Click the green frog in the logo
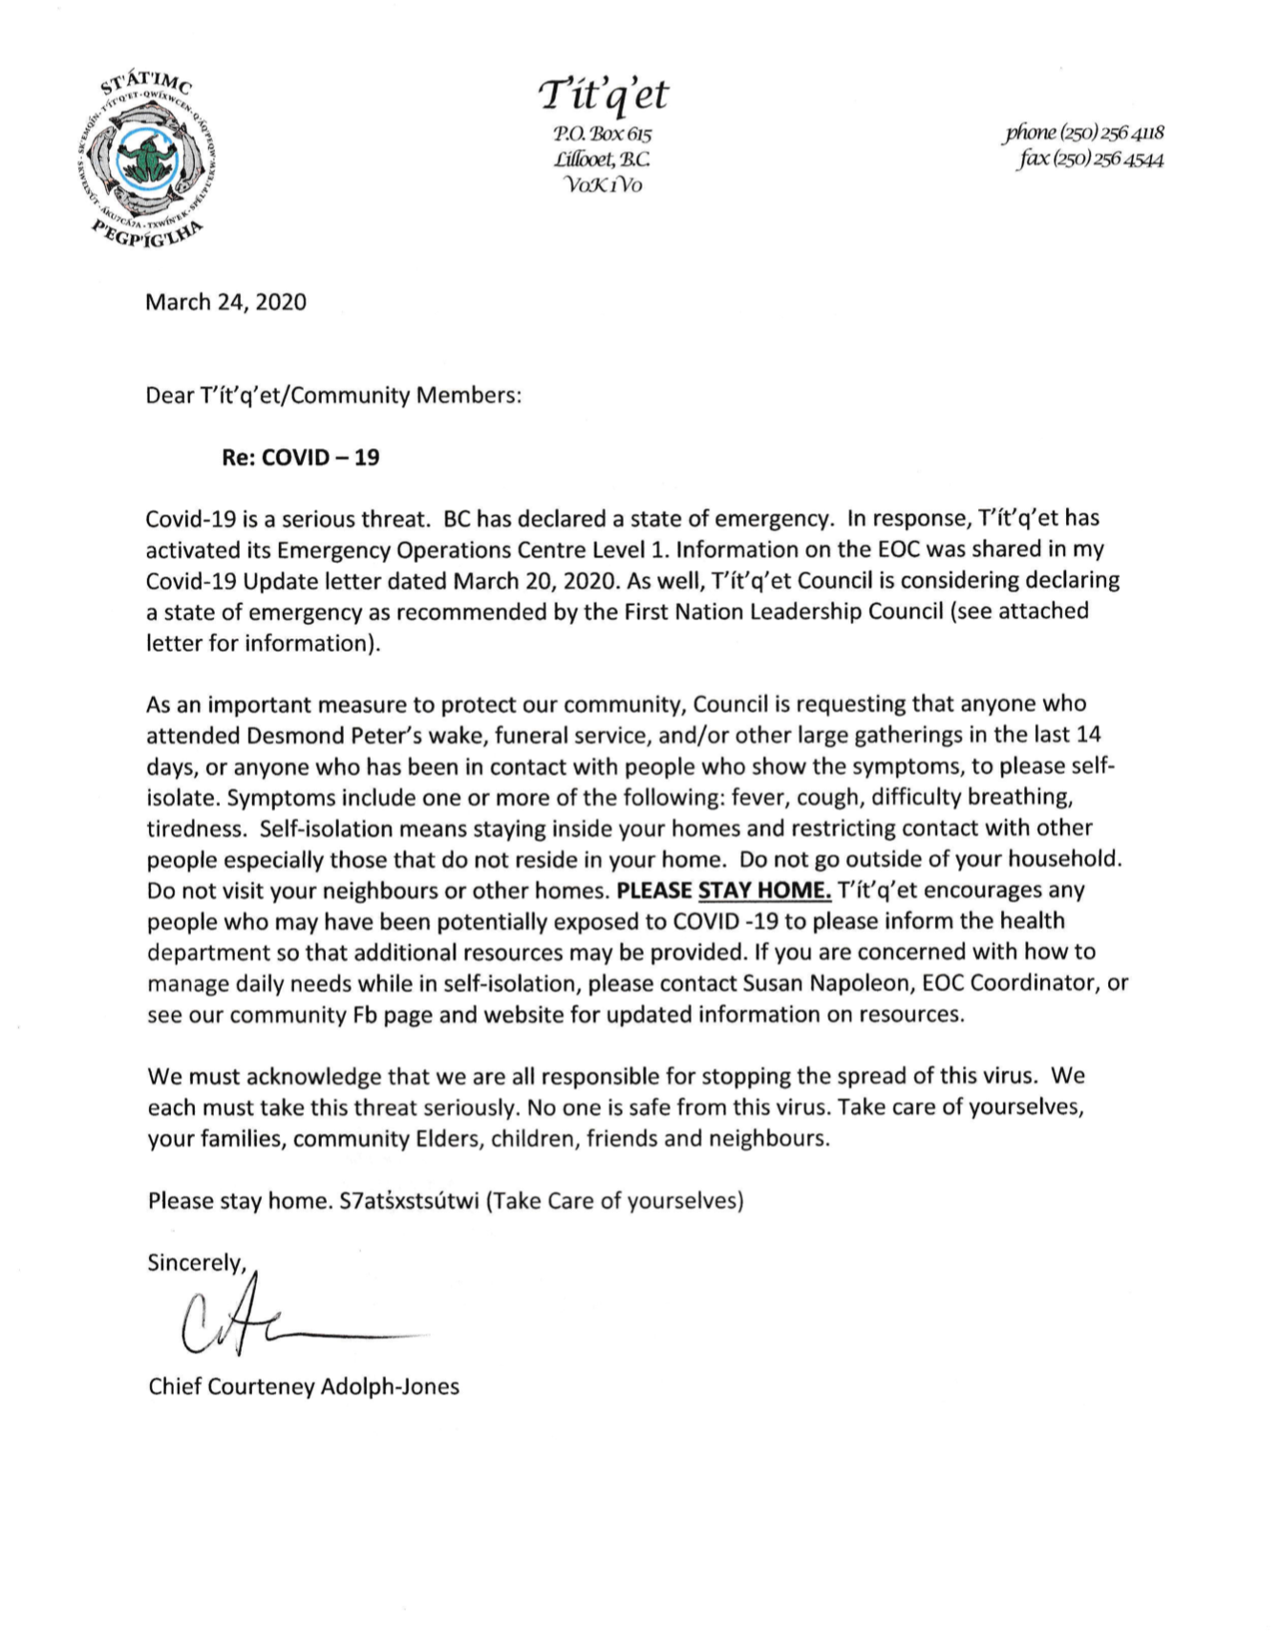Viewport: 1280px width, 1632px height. pyautogui.click(x=143, y=159)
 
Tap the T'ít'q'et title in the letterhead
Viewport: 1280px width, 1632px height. pyautogui.click(x=604, y=95)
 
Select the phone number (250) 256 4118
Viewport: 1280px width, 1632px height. pyautogui.click(x=1083, y=134)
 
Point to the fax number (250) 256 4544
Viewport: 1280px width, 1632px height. pyautogui.click(x=1090, y=160)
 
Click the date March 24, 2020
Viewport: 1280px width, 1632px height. pyautogui.click(x=225, y=303)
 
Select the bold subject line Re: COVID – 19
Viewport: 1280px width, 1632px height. pyautogui.click(x=301, y=458)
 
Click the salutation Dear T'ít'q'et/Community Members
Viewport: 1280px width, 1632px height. pyautogui.click(x=333, y=396)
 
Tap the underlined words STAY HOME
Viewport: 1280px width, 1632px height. pyautogui.click(x=764, y=891)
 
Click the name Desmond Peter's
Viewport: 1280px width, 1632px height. pyautogui.click(x=315, y=735)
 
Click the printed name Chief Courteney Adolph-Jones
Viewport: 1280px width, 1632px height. pyautogui.click(x=304, y=1386)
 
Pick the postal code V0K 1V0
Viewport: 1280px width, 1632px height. pyautogui.click(x=604, y=184)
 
